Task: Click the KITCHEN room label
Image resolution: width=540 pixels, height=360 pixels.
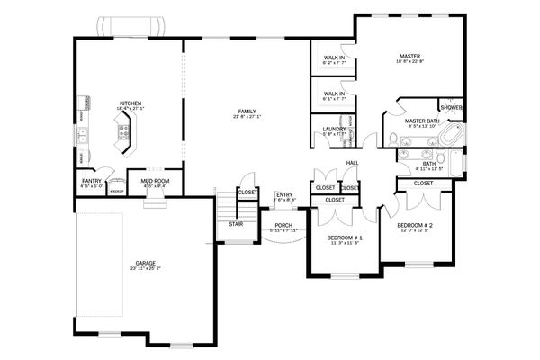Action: click(x=130, y=103)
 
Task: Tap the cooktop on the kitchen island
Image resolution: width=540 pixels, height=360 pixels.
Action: click(x=123, y=135)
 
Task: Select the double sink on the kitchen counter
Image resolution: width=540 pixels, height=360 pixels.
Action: click(x=82, y=137)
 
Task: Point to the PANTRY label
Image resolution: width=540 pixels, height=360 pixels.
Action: click(x=92, y=181)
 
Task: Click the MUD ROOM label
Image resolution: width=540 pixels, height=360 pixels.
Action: click(x=149, y=181)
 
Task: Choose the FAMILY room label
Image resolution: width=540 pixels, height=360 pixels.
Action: click(x=247, y=111)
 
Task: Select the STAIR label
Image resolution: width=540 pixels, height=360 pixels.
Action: click(x=236, y=224)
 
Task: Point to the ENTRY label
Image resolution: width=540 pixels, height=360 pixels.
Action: click(x=284, y=194)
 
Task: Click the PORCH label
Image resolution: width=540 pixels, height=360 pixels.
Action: click(x=283, y=225)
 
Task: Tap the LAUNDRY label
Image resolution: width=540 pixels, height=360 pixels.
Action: click(x=334, y=130)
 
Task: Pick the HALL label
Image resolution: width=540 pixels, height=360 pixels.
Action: click(x=352, y=163)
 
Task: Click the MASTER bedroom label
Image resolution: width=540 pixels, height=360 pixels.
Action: click(x=410, y=56)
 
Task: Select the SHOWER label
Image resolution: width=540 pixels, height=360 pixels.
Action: click(x=452, y=108)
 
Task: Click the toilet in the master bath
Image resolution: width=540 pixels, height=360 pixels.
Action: click(x=394, y=139)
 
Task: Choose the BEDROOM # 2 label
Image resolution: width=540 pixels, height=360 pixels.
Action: click(x=416, y=224)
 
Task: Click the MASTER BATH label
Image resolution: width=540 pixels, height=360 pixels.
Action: click(x=421, y=121)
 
